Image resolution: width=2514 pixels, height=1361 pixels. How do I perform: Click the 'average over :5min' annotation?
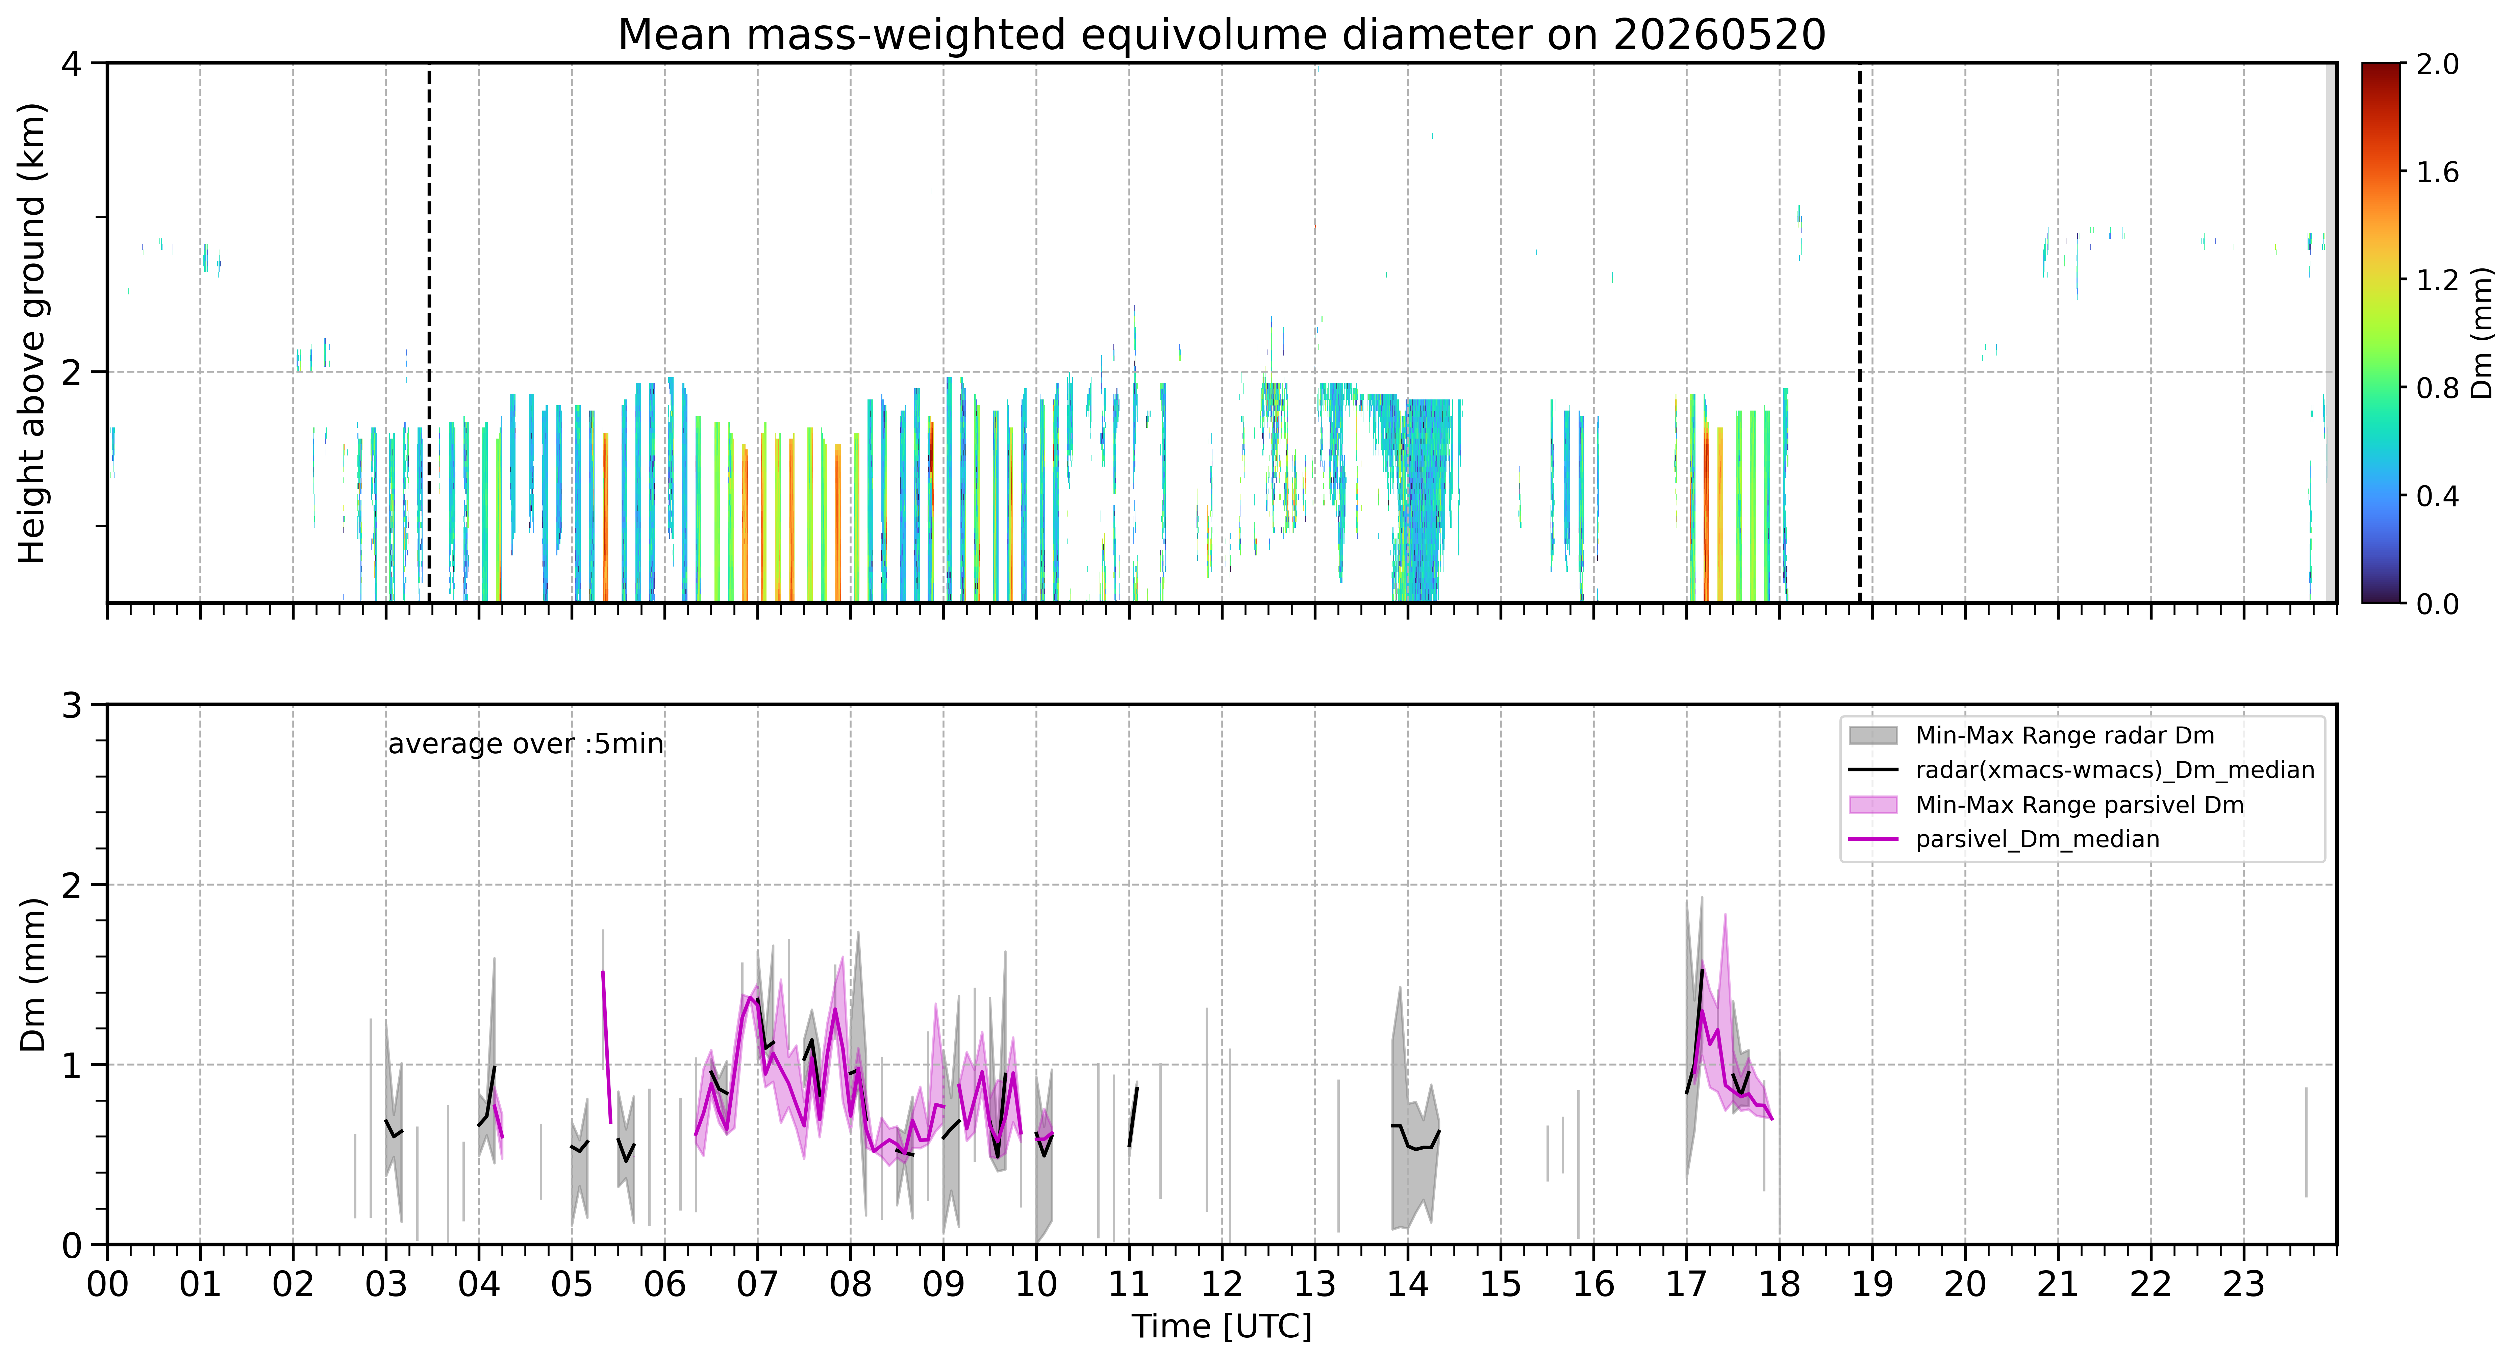(x=525, y=744)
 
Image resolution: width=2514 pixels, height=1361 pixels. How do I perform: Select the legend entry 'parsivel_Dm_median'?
(x=2037, y=839)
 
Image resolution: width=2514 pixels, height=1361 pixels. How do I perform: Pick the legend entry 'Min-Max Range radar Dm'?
(x=2064, y=736)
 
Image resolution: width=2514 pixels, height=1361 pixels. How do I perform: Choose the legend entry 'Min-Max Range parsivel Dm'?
(x=2079, y=805)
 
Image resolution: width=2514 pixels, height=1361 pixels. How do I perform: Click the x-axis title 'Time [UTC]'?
(x=1222, y=1327)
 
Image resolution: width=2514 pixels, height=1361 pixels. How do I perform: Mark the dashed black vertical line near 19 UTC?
(x=1859, y=333)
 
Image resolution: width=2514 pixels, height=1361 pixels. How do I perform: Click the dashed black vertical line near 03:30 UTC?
(x=429, y=333)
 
